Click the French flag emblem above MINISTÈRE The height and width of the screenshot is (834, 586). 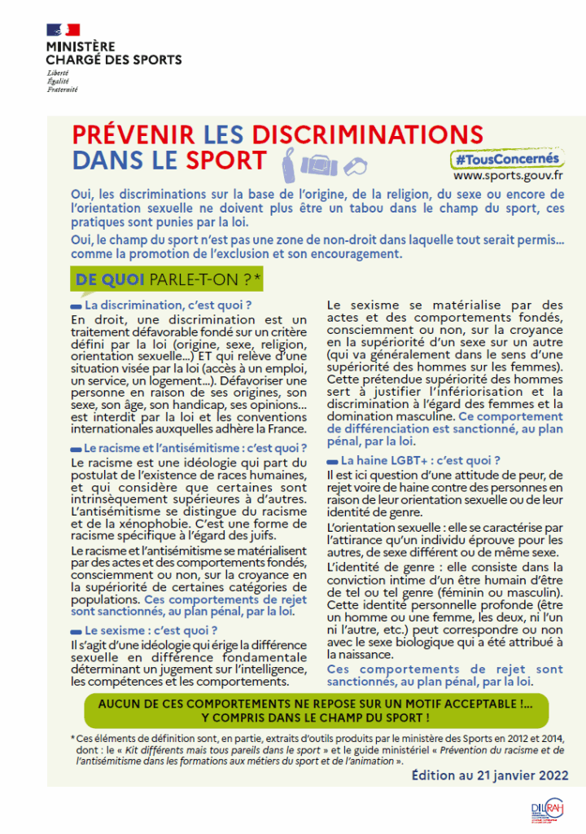63,30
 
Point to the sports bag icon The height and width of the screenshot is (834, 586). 318,164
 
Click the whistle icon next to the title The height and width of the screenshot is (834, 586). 355,163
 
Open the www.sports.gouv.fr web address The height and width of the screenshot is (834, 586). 508,175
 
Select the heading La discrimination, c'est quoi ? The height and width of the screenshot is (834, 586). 168,305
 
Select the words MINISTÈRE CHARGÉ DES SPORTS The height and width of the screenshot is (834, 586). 113,53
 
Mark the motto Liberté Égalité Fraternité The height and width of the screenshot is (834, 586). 62,81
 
